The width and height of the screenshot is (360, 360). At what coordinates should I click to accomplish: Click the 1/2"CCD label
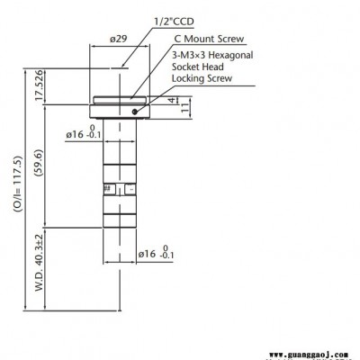pyautogui.click(x=174, y=22)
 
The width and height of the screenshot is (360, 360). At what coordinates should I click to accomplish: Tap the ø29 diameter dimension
pyautogui.click(x=118, y=39)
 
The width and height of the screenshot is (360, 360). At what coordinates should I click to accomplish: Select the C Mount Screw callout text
pyautogui.click(x=209, y=39)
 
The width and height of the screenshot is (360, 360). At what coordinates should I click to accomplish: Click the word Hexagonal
pyautogui.click(x=230, y=55)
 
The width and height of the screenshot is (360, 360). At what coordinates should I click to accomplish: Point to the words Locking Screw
pyautogui.click(x=202, y=78)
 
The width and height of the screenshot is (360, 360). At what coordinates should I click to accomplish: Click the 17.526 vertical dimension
pyautogui.click(x=40, y=85)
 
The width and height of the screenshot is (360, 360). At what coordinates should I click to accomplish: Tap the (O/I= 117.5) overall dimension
pyautogui.click(x=17, y=184)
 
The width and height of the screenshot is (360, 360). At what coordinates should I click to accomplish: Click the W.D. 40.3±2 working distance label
pyautogui.click(x=40, y=263)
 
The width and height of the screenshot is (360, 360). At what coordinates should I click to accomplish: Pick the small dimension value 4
pyautogui.click(x=172, y=100)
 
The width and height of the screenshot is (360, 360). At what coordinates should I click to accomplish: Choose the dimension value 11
pyautogui.click(x=184, y=107)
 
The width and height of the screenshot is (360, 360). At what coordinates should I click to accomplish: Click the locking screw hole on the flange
pyautogui.click(x=135, y=112)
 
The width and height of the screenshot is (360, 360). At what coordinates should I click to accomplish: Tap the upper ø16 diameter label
pyautogui.click(x=75, y=134)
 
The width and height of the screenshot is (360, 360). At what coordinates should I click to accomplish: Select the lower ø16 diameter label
pyautogui.click(x=147, y=255)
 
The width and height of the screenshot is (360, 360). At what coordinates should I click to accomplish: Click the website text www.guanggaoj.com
pyautogui.click(x=309, y=355)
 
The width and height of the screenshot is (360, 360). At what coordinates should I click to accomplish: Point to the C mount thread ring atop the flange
pyautogui.click(x=120, y=100)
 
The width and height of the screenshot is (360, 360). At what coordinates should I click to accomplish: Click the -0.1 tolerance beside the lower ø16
pyautogui.click(x=166, y=256)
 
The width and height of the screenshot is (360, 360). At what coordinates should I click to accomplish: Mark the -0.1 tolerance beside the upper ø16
pyautogui.click(x=94, y=135)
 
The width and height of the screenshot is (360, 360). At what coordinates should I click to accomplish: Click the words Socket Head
pyautogui.click(x=198, y=67)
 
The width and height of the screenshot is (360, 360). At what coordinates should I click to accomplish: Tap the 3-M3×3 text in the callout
pyautogui.click(x=189, y=55)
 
